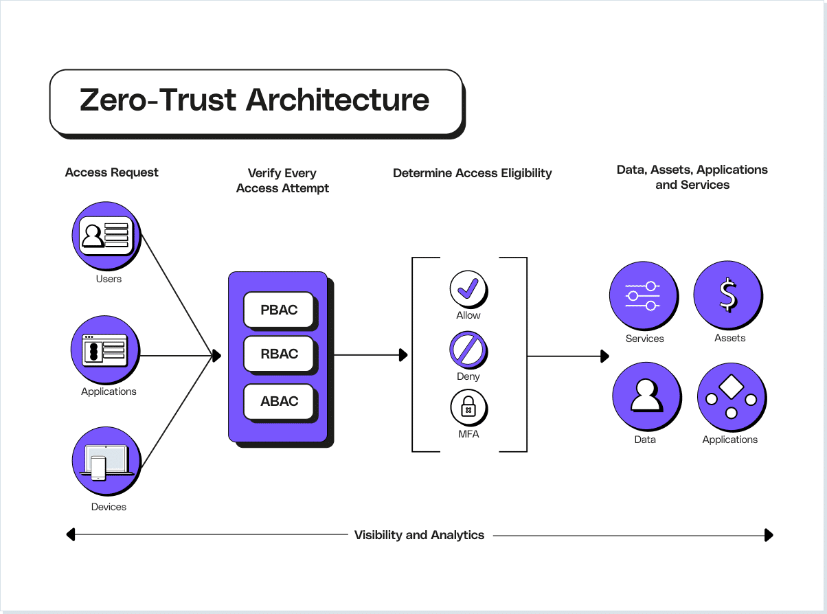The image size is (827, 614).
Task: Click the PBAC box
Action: [x=279, y=310]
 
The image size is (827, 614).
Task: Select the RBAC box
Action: [x=279, y=354]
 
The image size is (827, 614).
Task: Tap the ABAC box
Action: [x=279, y=401]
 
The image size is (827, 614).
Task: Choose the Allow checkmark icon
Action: [x=468, y=288]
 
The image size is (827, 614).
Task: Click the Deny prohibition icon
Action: [x=468, y=349]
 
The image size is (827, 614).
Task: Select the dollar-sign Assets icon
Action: [x=727, y=296]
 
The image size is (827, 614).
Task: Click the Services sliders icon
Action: [x=643, y=296]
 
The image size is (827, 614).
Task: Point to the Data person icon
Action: [x=646, y=396]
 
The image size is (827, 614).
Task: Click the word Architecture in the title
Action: [x=338, y=100]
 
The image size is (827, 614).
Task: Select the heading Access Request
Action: [x=111, y=172]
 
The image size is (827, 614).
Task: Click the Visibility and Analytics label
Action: [x=419, y=535]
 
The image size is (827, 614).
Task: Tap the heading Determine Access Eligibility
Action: [x=472, y=173]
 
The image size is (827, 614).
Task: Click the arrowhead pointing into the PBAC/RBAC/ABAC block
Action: [x=216, y=356]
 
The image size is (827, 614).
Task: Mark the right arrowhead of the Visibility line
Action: [x=769, y=535]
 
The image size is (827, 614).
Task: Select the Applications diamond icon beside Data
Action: [x=731, y=396]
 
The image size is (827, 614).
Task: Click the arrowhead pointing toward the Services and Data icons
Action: [x=604, y=356]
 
